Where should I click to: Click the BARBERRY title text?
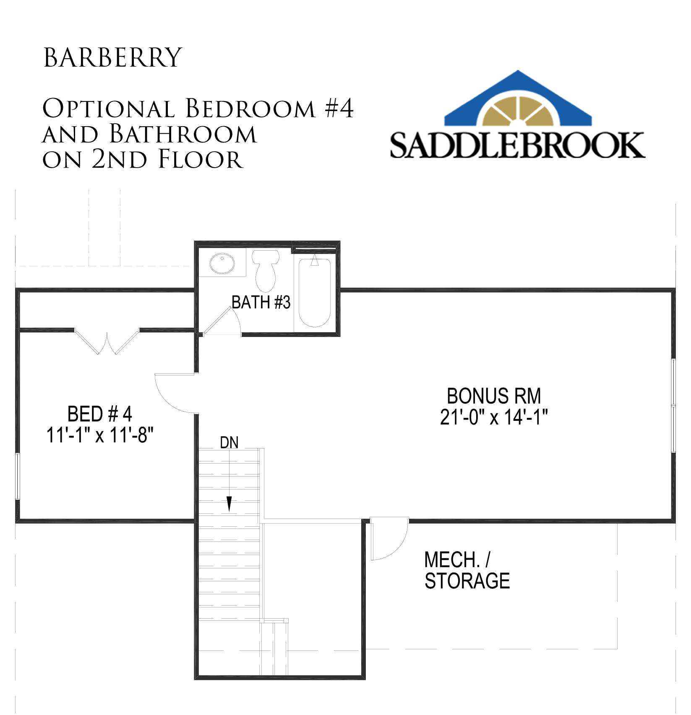[x=113, y=58]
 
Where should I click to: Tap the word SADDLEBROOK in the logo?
[x=518, y=145]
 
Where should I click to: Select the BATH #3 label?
[x=261, y=302]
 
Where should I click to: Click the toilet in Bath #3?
[x=266, y=270]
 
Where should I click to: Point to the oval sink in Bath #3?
[x=222, y=263]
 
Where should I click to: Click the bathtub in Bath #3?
[x=315, y=293]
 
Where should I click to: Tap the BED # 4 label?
[x=100, y=414]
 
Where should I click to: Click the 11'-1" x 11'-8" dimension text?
[x=100, y=435]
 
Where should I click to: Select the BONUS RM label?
[x=494, y=396]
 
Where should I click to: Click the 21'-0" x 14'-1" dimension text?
[x=494, y=417]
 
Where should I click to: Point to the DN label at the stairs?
[x=229, y=443]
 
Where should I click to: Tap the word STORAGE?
[x=467, y=581]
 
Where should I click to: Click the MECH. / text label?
[x=457, y=560]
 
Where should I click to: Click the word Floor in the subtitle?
[x=201, y=160]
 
